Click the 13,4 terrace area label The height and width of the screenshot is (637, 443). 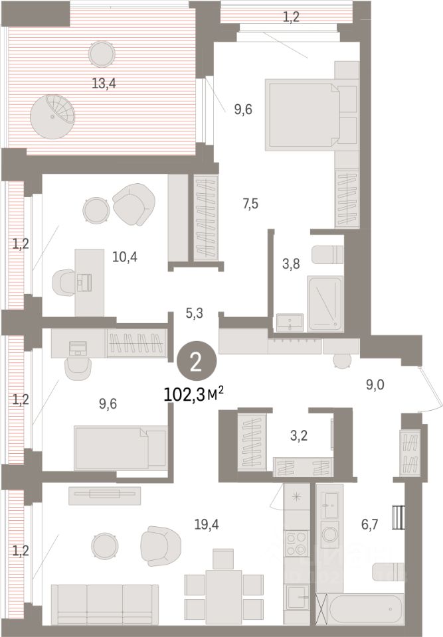104,84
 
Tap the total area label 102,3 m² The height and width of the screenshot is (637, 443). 194,393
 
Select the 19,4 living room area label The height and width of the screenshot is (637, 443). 207,524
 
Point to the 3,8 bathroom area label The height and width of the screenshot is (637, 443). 292,263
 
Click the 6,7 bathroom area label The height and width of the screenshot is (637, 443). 369,524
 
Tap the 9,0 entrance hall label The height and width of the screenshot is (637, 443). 375,384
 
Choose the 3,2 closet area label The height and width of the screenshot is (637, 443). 299,436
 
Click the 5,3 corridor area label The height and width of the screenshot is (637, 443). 194,313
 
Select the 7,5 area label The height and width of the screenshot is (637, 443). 250,204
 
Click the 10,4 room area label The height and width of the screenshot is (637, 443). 124,257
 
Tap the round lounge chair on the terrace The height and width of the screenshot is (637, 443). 53,117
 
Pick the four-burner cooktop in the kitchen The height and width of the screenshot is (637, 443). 297,543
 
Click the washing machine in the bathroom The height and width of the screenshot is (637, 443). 329,535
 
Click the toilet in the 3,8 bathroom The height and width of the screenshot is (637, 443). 327,255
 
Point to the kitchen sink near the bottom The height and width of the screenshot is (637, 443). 298,598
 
